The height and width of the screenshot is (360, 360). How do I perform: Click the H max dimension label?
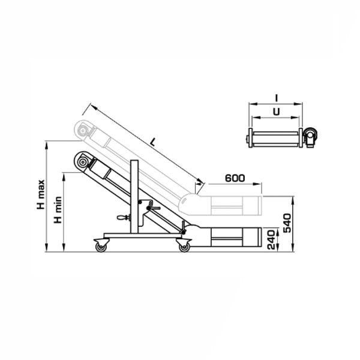(41, 194)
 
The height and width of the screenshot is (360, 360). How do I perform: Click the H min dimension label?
(58, 209)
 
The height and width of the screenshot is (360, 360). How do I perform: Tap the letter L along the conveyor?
(152, 142)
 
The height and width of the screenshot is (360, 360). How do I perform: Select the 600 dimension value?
(235, 178)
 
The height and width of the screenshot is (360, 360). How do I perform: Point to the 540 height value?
(287, 223)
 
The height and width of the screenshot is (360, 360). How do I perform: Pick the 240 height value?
(271, 240)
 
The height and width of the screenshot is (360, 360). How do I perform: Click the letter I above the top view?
(277, 98)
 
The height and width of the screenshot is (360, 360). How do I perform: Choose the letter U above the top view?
(277, 112)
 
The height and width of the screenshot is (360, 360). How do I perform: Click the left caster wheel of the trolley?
(101, 247)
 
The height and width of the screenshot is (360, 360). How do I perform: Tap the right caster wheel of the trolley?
(184, 247)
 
